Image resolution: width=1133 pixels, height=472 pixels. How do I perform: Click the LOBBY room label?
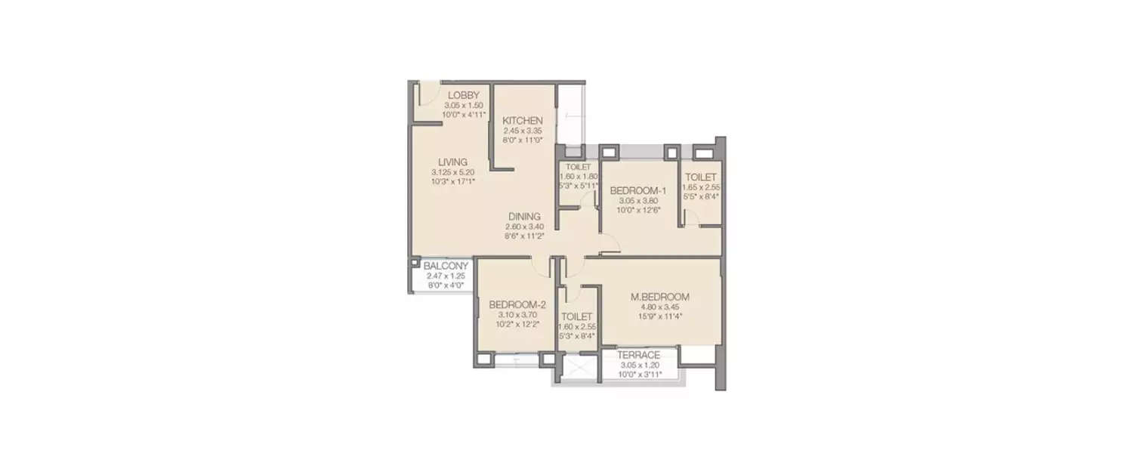point(463,95)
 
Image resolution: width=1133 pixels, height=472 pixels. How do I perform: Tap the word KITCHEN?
point(523,121)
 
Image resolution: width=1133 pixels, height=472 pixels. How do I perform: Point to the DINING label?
point(524,216)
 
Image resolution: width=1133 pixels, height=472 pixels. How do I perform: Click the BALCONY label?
point(446,267)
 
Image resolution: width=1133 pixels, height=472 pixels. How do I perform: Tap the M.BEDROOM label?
point(659,297)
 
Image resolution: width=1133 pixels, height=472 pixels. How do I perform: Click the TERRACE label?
point(638,355)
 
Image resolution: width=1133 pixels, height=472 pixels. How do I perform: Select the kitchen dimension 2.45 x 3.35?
point(523,131)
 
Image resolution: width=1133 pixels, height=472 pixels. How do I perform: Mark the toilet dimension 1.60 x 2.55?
point(576,327)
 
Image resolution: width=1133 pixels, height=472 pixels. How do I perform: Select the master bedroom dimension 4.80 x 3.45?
point(659,307)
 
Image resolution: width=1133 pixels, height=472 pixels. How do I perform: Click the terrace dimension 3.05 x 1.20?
point(638,364)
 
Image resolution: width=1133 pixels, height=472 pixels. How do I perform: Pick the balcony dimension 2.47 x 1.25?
point(446,276)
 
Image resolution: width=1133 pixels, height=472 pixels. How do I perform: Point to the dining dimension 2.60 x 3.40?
point(524,226)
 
